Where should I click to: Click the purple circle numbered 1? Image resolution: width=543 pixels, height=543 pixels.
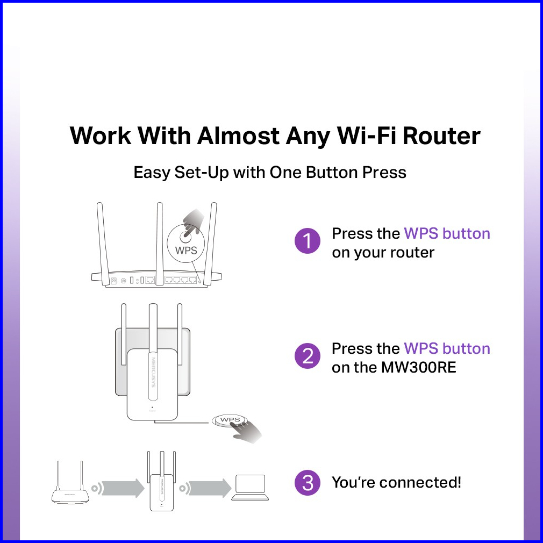307,241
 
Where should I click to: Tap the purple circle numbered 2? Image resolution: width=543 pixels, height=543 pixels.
307,356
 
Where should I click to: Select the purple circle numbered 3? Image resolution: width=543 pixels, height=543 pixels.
307,482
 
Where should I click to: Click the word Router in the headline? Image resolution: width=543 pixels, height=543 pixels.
441,135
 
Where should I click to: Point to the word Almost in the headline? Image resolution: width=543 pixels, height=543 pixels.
238,135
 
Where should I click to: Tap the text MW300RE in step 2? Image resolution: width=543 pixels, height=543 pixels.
418,367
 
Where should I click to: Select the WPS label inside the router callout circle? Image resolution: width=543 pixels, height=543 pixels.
186,251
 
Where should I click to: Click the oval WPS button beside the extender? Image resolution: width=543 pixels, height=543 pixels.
230,420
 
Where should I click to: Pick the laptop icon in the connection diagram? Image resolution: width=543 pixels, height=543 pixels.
250,488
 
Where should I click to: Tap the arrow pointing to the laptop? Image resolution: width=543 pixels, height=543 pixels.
210,488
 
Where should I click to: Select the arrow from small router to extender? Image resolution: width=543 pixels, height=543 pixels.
123,488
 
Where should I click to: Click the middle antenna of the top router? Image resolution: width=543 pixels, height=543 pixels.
159,244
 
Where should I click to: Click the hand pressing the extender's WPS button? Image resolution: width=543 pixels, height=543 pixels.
247,431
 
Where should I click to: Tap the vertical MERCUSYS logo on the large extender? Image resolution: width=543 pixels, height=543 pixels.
153,373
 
